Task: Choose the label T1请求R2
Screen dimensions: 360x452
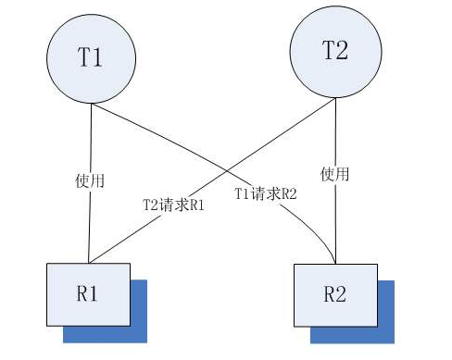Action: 266,194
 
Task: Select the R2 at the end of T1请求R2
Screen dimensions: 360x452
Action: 286,194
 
